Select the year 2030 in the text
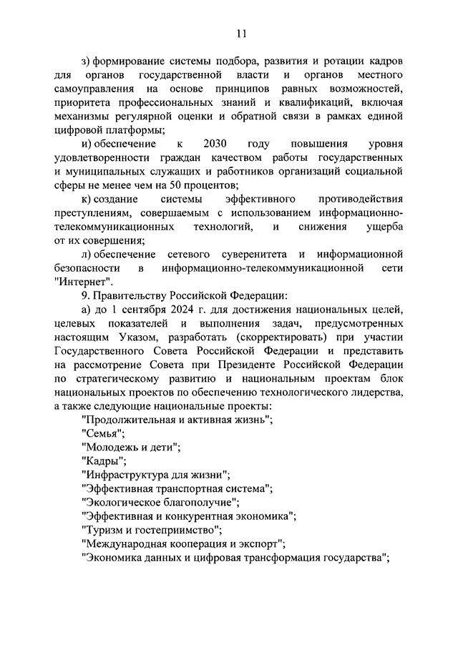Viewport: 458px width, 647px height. (x=215, y=142)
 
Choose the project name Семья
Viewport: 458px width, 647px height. (x=104, y=433)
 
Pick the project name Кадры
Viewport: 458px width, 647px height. (x=104, y=460)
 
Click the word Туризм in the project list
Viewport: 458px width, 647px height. (x=105, y=529)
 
